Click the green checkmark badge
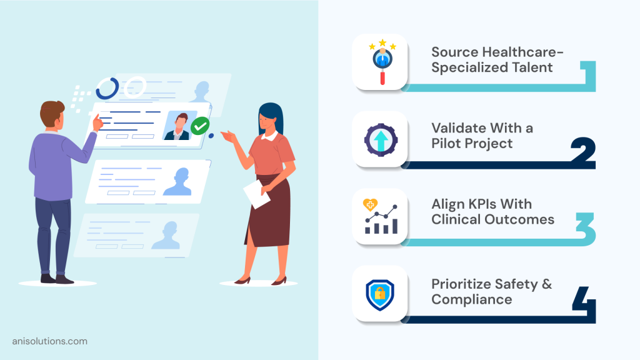(x=199, y=126)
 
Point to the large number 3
(x=585, y=230)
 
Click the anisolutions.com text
(x=50, y=341)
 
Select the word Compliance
(x=472, y=299)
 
